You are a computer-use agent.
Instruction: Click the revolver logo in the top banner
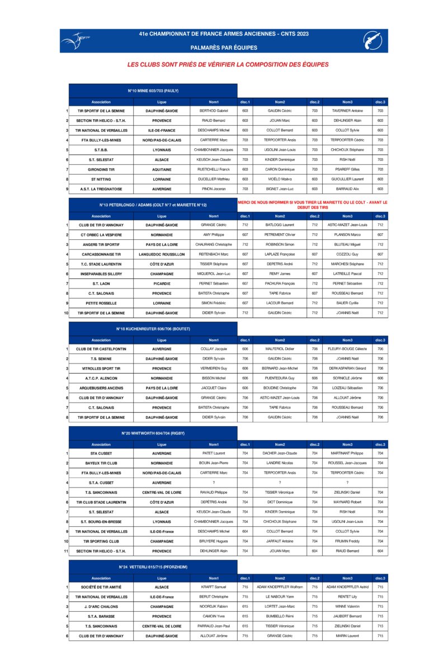click(372, 40)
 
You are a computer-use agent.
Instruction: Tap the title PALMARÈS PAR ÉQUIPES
click(224, 48)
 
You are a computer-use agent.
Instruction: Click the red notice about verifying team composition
click(228, 65)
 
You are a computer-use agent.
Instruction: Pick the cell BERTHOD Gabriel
click(214, 111)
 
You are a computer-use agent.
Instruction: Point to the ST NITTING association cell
click(101, 179)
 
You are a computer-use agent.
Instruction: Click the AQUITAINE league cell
click(162, 169)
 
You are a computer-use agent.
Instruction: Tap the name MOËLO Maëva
click(280, 179)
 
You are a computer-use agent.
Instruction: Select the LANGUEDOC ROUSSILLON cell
click(162, 254)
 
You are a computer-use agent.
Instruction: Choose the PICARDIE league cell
click(162, 283)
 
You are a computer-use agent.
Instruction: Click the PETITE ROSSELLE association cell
click(101, 303)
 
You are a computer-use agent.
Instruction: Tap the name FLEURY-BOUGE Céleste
click(347, 349)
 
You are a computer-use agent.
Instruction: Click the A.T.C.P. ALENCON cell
click(101, 379)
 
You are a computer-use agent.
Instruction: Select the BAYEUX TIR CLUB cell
click(101, 463)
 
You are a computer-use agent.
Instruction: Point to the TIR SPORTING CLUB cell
click(101, 541)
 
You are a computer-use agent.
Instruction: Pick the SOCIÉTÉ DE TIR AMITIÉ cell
click(101, 587)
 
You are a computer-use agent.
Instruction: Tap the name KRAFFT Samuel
click(214, 587)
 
